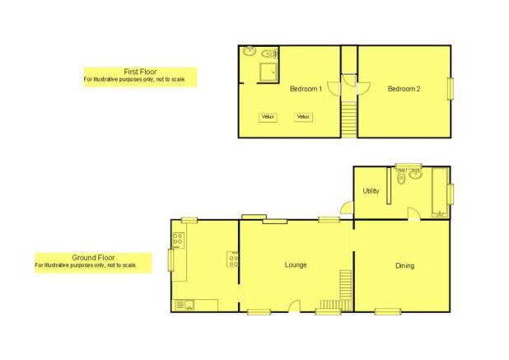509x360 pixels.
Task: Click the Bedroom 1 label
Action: pyautogui.click(x=306, y=89)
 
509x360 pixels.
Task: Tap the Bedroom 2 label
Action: pyautogui.click(x=404, y=89)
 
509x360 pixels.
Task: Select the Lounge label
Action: pyautogui.click(x=296, y=265)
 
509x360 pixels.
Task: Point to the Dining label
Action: pyautogui.click(x=404, y=266)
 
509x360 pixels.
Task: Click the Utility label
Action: pyautogui.click(x=371, y=191)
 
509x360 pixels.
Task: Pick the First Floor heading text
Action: pyautogui.click(x=140, y=72)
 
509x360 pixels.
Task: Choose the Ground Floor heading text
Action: pyautogui.click(x=93, y=258)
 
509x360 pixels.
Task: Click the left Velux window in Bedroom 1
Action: pyautogui.click(x=268, y=117)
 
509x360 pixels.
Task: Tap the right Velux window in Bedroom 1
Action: pyautogui.click(x=304, y=117)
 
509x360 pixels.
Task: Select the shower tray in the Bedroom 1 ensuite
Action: pyautogui.click(x=269, y=72)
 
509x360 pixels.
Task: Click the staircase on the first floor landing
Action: pyautogui.click(x=349, y=119)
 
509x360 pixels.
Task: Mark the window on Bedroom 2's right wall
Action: pyautogui.click(x=451, y=89)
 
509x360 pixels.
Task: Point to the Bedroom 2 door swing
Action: pyautogui.click(x=364, y=89)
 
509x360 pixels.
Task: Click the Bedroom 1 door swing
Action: pyautogui.click(x=334, y=89)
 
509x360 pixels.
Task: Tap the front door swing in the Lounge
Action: pyautogui.click(x=294, y=306)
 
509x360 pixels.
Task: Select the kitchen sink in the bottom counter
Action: pyautogui.click(x=184, y=305)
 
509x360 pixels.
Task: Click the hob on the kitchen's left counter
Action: pyautogui.click(x=178, y=241)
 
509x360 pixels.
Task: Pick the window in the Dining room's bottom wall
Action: pyautogui.click(x=388, y=312)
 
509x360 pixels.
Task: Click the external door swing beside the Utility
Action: pyautogui.click(x=347, y=208)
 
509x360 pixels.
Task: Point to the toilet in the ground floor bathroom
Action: pyautogui.click(x=402, y=176)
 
